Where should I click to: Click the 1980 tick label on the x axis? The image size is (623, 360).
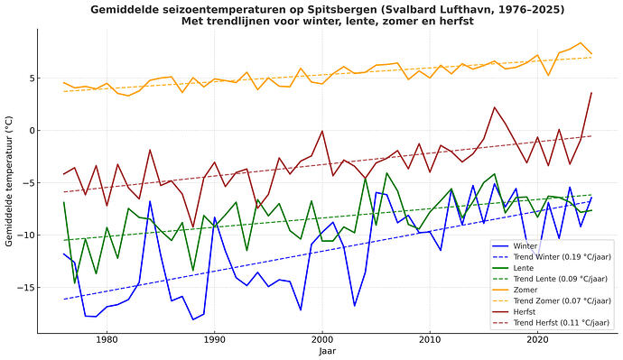click(107, 339)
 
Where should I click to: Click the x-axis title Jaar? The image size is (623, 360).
click(328, 351)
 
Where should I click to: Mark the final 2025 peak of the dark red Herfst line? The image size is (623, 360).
click(591, 93)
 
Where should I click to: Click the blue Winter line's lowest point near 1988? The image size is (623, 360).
click(192, 319)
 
